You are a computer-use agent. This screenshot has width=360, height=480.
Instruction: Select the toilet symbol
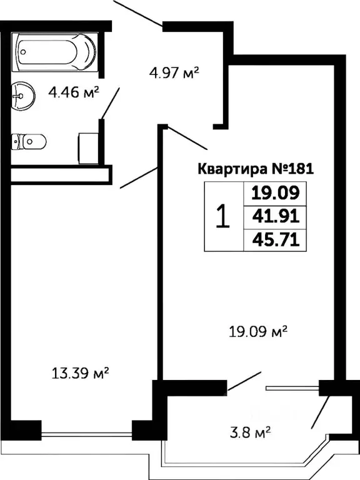click(29, 141)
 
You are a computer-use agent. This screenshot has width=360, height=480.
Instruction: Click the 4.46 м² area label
click(74, 94)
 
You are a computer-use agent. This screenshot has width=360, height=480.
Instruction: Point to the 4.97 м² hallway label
click(174, 74)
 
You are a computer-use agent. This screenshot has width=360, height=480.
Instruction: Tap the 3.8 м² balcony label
click(250, 431)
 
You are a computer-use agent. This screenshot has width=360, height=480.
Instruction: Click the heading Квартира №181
click(254, 169)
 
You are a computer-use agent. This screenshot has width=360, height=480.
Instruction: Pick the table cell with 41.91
click(275, 216)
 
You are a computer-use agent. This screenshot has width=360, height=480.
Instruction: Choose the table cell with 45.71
click(275, 239)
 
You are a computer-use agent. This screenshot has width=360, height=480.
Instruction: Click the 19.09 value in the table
click(275, 192)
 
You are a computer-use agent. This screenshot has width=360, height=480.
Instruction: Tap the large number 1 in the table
click(222, 216)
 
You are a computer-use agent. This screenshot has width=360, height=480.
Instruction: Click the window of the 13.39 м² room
click(87, 431)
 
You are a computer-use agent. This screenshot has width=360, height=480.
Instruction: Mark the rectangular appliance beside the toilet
click(88, 147)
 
